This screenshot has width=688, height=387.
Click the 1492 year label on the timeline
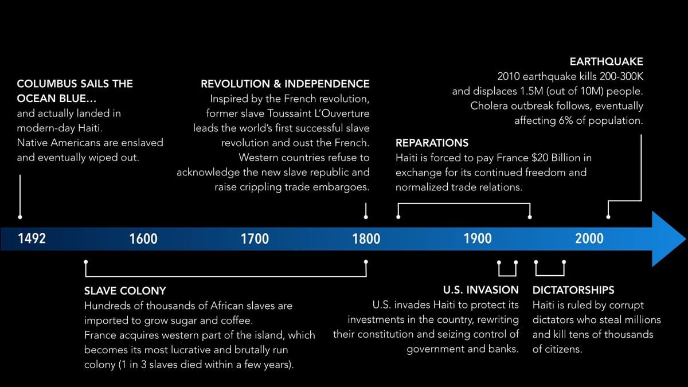(32, 239)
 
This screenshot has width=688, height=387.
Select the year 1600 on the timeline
(143, 239)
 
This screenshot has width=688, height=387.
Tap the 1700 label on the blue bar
(255, 239)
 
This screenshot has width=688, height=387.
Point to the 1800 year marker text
(366, 239)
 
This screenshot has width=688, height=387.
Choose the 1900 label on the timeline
(478, 239)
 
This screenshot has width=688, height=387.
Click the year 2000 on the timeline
(589, 239)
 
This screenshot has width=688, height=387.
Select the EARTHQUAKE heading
(607, 62)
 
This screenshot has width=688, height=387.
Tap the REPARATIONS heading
(432, 143)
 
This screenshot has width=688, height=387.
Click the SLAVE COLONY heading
(125, 291)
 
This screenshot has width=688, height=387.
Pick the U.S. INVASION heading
(480, 290)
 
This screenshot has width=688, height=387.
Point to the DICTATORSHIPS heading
(573, 290)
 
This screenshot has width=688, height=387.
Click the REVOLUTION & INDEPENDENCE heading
(285, 84)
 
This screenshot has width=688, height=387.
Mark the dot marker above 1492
(20, 217)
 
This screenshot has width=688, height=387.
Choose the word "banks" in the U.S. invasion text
(503, 349)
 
